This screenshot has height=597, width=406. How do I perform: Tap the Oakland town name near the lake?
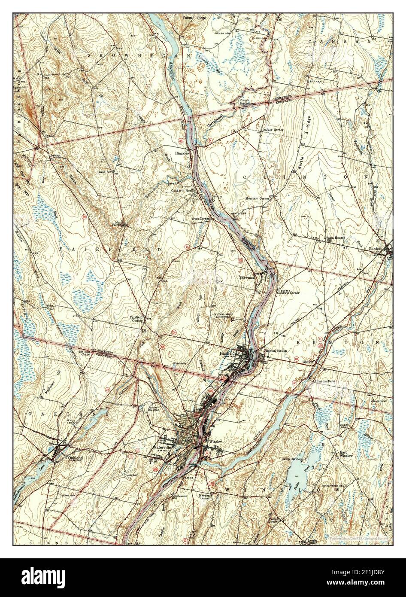[x=75, y=458]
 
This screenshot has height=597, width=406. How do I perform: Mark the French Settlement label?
[x=247, y=102]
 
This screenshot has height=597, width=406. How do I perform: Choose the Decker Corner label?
[x=273, y=130]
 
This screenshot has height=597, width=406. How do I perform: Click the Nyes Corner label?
[x=201, y=219]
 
